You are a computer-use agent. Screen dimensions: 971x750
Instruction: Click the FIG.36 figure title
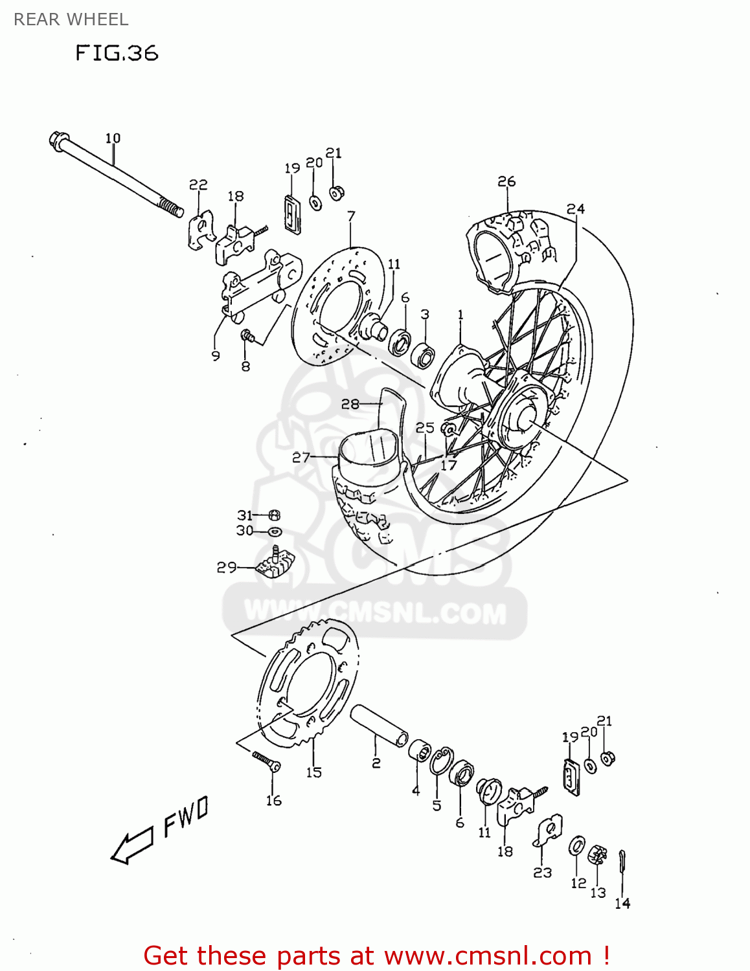pyautogui.click(x=117, y=52)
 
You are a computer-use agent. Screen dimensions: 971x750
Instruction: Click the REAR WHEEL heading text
pyautogui.click(x=71, y=19)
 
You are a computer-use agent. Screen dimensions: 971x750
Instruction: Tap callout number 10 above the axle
pyautogui.click(x=113, y=138)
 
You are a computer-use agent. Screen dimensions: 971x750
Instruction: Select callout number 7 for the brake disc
pyautogui.click(x=351, y=216)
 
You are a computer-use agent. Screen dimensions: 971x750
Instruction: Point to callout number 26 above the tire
pyautogui.click(x=506, y=182)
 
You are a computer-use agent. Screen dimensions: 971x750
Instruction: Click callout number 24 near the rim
pyautogui.click(x=575, y=209)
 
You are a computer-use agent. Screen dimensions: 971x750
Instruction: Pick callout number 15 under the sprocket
pyautogui.click(x=313, y=772)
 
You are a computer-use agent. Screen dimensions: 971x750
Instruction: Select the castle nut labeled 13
pyautogui.click(x=597, y=856)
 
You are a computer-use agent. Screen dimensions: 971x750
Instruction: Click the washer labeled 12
pyautogui.click(x=576, y=845)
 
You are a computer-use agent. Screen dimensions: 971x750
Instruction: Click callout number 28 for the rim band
pyautogui.click(x=350, y=404)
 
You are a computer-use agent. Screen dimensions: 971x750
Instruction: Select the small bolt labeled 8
pyautogui.click(x=247, y=335)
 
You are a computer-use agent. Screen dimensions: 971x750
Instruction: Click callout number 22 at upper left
pyautogui.click(x=198, y=185)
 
